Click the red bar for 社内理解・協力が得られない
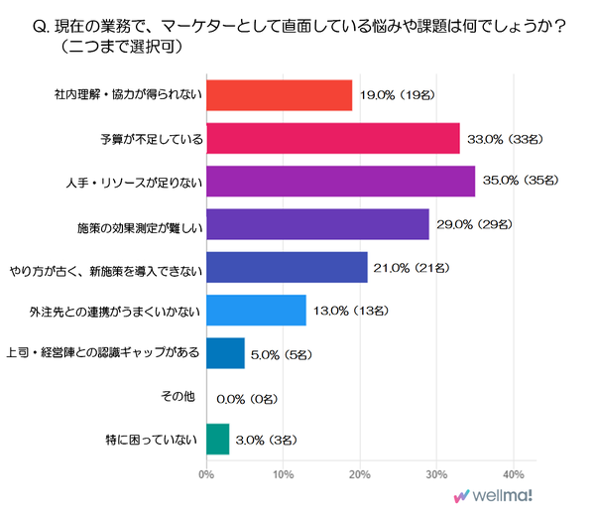(279, 95)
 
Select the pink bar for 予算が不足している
(332, 139)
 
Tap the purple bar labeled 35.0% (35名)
(340, 182)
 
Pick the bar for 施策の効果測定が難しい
(317, 224)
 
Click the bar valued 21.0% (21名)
(287, 267)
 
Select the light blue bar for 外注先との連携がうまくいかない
(256, 311)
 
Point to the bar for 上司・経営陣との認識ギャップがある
(225, 353)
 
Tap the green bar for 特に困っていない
(217, 439)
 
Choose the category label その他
(178, 396)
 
